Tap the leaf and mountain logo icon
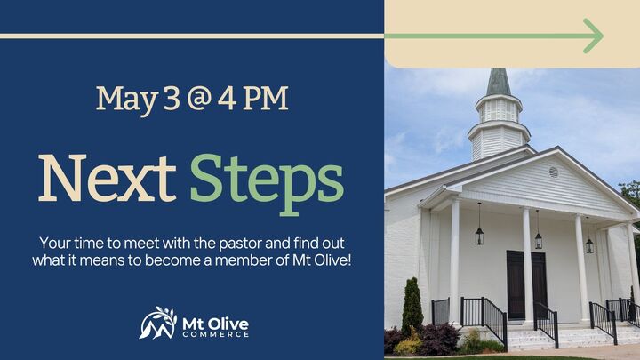click(157, 323)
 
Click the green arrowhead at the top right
click(593, 36)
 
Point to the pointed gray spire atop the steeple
click(499, 82)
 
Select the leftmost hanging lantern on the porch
click(479, 234)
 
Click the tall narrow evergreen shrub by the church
click(412, 308)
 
